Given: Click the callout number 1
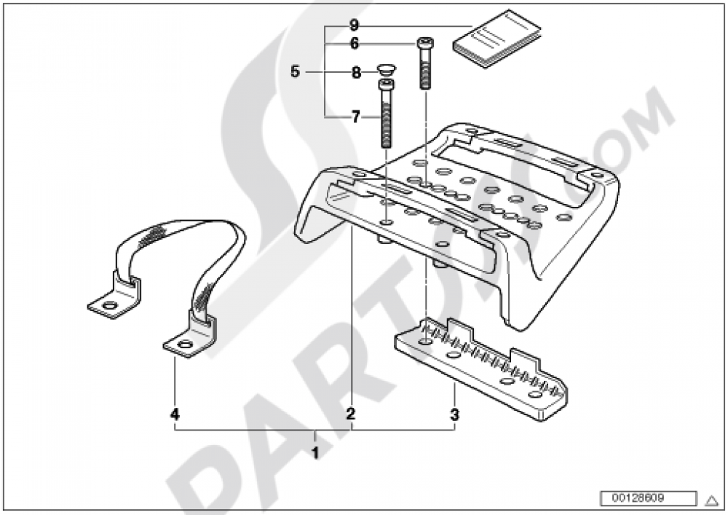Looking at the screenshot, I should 314,453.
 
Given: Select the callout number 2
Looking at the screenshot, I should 351,414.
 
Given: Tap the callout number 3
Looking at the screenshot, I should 455,415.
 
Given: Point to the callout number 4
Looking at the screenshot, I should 174,414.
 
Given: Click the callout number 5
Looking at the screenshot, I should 295,71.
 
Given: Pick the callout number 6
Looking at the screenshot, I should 355,44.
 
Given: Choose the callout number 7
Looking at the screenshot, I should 355,117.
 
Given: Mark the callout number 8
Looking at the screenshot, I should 356,72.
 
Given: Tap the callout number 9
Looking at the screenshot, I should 355,24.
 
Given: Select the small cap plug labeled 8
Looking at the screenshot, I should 385,71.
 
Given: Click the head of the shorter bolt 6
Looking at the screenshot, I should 425,44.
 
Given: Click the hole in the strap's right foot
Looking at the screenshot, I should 184,345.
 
